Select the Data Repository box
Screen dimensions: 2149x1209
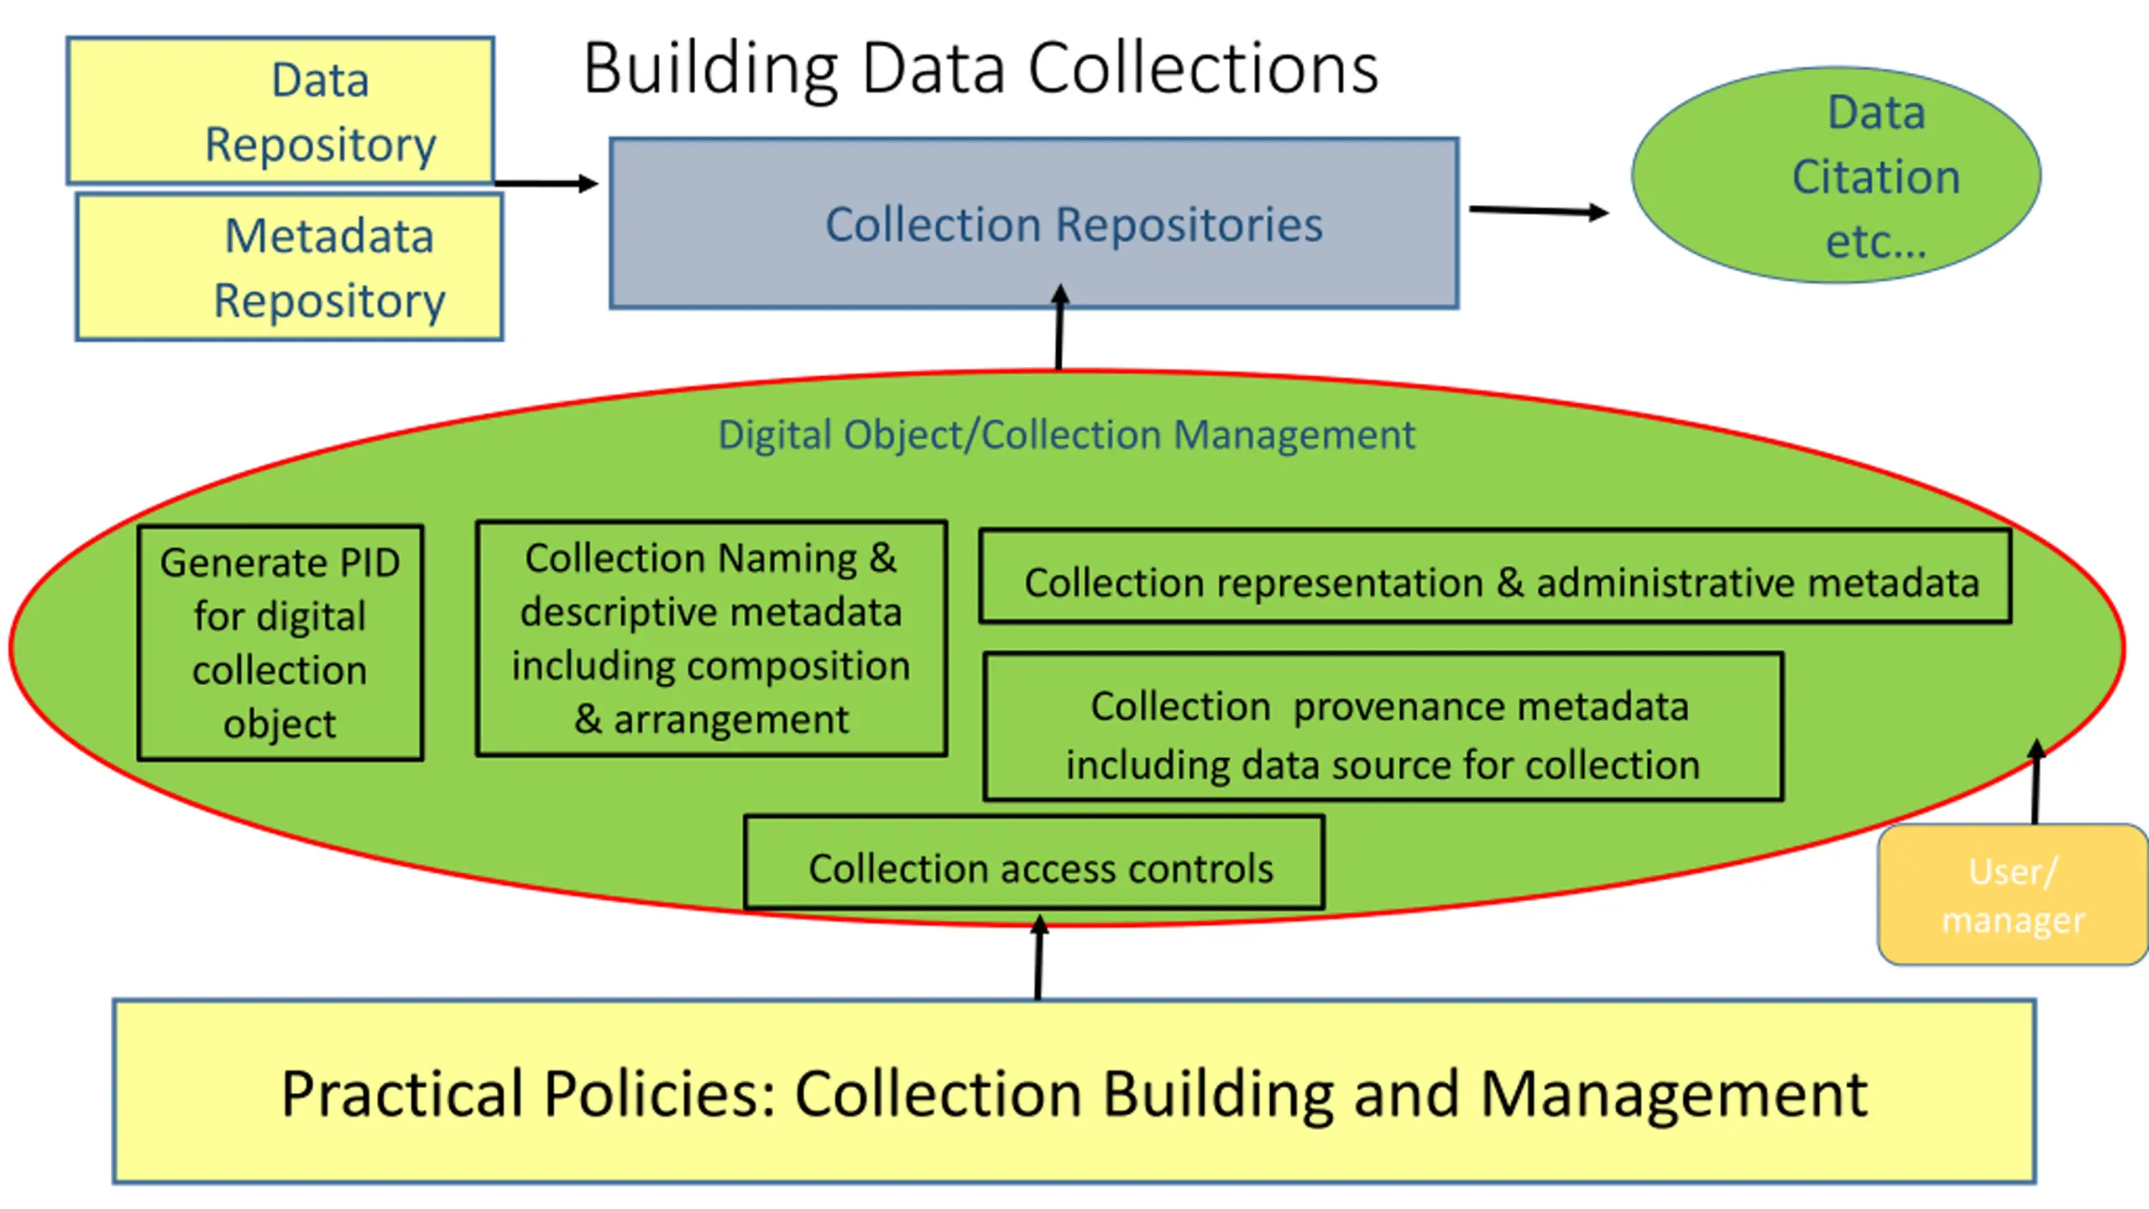tap(280, 111)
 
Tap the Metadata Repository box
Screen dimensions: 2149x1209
tap(290, 267)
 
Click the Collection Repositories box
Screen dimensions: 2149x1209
tap(1034, 223)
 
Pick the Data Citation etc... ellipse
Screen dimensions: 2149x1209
tap(1836, 175)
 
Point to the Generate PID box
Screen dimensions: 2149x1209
tap(280, 643)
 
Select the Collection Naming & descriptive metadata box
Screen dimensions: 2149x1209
tap(712, 638)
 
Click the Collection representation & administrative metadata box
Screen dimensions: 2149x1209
tap(1495, 576)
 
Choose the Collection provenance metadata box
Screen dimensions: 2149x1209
tap(1383, 727)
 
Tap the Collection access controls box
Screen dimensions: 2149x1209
tap(1034, 862)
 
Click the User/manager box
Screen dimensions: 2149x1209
tap(2013, 895)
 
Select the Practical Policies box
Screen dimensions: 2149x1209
tap(1074, 1091)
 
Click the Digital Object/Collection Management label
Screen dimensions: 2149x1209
tap(1066, 435)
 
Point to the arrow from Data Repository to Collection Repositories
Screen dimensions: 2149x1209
tap(546, 183)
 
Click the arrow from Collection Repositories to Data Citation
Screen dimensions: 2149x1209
tap(1539, 211)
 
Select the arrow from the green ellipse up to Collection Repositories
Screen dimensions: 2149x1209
tap(1059, 327)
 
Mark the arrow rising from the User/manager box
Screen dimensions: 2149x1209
tap(2036, 781)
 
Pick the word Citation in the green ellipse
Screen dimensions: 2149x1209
tap(1876, 177)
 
